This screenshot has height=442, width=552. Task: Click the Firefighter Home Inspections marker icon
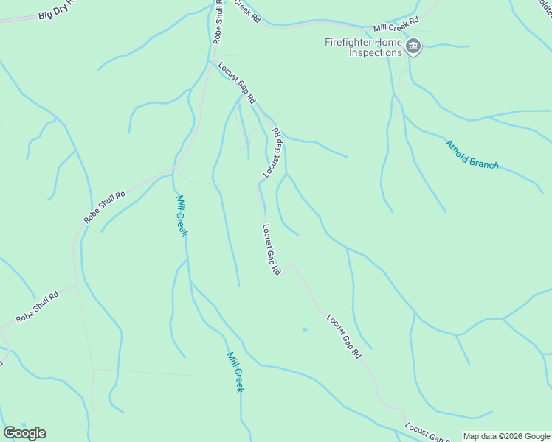click(x=413, y=48)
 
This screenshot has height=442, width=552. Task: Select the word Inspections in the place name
click(x=376, y=53)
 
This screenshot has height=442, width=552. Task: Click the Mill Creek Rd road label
click(x=396, y=24)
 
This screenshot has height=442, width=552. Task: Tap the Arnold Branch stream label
click(x=472, y=155)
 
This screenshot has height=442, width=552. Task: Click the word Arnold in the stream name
click(x=458, y=147)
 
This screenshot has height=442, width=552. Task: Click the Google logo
click(x=24, y=433)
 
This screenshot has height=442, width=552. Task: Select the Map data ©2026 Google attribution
click(x=506, y=436)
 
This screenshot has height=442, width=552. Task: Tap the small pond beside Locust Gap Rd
click(x=304, y=329)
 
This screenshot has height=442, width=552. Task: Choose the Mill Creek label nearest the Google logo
click(x=235, y=372)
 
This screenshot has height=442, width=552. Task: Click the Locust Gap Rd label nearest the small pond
click(x=344, y=337)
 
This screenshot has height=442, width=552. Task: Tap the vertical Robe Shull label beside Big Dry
click(x=218, y=22)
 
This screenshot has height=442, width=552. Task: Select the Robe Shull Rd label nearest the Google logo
click(x=38, y=309)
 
